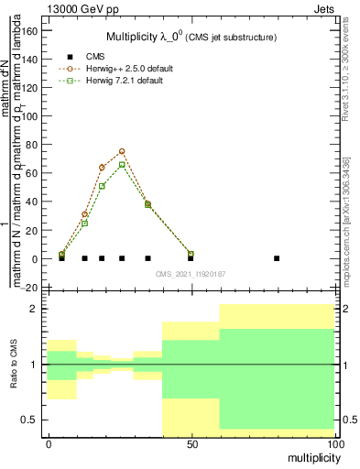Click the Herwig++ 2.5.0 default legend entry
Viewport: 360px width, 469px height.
click(x=127, y=69)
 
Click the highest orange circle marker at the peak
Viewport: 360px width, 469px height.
click(x=122, y=151)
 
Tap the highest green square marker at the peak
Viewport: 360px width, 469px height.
click(x=122, y=165)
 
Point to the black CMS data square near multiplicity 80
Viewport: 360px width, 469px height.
click(x=277, y=258)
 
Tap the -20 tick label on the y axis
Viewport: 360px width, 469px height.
click(x=28, y=288)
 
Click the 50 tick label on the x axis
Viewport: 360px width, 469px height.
click(x=191, y=443)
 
